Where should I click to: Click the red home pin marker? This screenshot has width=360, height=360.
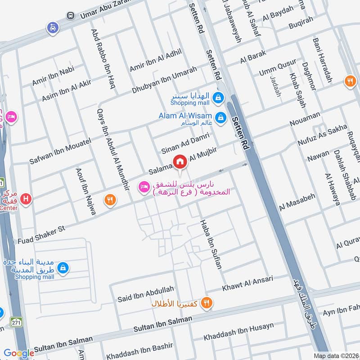click(180, 162)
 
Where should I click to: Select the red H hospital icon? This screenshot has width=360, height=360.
click(27, 198)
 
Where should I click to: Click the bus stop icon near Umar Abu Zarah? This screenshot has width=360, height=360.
click(71, 16)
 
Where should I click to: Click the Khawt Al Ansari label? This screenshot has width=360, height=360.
click(247, 283)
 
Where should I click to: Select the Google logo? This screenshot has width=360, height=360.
click(19, 353)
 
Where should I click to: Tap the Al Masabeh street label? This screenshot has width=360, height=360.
click(297, 203)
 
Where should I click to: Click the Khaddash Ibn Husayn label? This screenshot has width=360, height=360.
click(238, 332)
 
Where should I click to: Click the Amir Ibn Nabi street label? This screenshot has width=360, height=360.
click(53, 75)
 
